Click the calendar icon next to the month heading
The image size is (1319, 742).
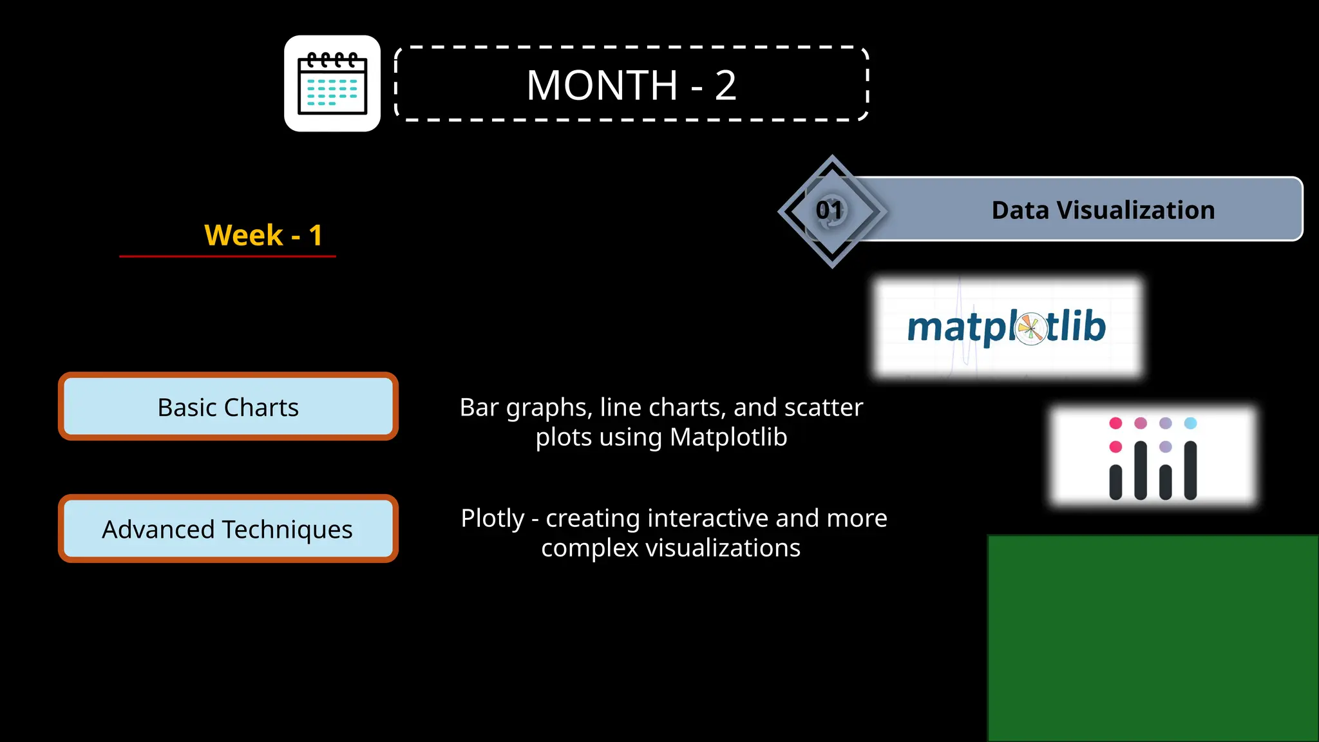pos(332,84)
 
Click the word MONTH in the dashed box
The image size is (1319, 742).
pos(602,85)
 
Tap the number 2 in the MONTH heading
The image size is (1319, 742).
pos(725,85)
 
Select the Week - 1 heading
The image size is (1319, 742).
pos(263,235)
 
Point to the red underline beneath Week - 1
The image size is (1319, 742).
pos(227,256)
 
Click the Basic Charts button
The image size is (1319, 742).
pos(228,407)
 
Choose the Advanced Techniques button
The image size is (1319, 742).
pos(228,529)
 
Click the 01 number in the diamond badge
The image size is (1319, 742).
pos(830,210)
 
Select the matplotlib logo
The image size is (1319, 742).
pos(1007,327)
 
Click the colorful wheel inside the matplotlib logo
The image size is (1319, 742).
pos(1031,328)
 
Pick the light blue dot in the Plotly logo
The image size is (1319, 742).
pos(1190,423)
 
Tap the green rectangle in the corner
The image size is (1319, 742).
pos(1153,638)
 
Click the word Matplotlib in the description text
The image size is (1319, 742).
pos(728,437)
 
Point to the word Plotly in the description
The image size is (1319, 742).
pos(493,518)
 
